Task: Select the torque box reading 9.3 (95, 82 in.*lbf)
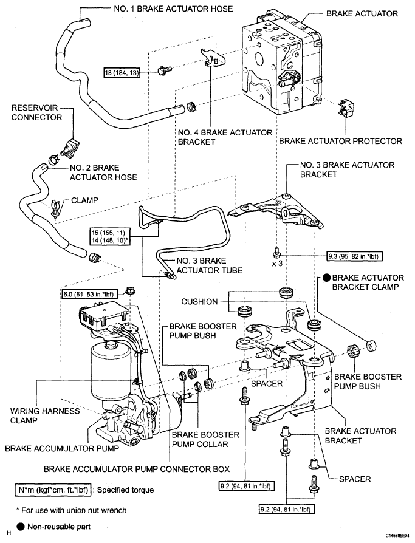[355, 256]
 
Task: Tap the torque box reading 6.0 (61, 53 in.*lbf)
[89, 295]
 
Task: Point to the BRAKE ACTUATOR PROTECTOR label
[340, 141]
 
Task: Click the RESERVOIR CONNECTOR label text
[36, 112]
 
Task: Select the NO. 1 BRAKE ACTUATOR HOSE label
[173, 9]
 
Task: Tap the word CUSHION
[199, 302]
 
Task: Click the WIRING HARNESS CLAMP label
[45, 416]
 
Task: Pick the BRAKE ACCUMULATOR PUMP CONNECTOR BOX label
[137, 470]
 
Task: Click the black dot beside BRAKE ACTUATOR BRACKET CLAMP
[327, 278]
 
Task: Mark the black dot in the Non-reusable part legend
[21, 527]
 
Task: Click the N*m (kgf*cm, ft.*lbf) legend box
[53, 490]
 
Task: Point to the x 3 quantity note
[276, 263]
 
